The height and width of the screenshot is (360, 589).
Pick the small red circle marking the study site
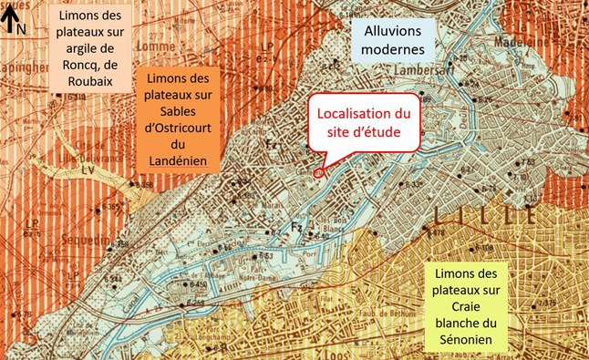(318, 170)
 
